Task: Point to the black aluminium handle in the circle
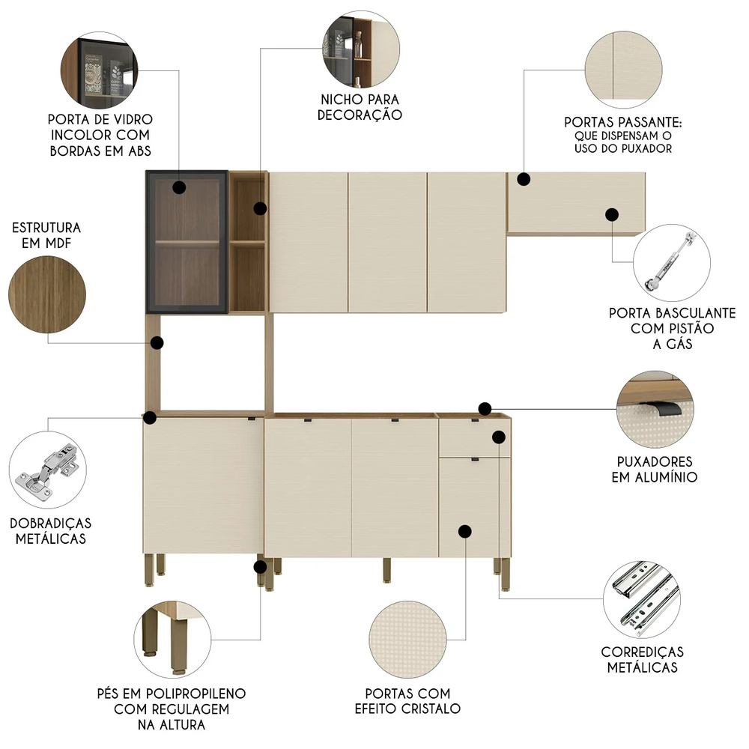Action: point(655,409)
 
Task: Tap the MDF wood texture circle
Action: point(47,290)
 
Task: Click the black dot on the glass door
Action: point(180,187)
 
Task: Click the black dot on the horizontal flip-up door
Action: point(611,214)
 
